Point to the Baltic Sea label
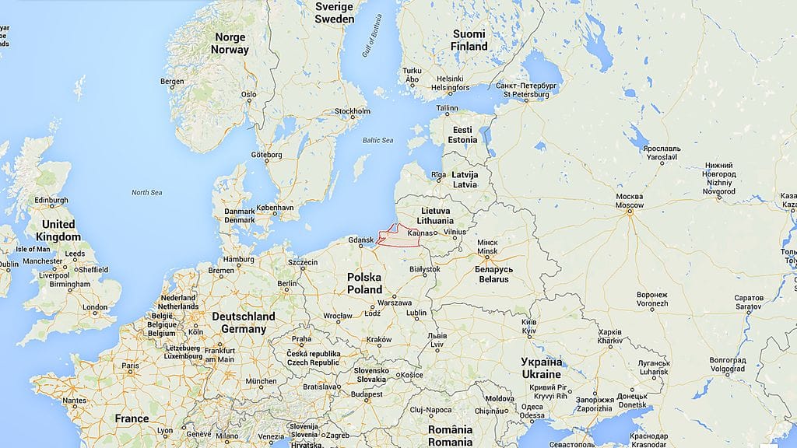378,140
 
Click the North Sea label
146,192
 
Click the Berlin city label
286,284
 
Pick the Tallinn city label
447,108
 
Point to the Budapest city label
367,394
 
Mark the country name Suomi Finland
469,40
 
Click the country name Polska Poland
364,283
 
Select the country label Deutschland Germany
244,323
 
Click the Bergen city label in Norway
172,82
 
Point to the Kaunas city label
419,233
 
